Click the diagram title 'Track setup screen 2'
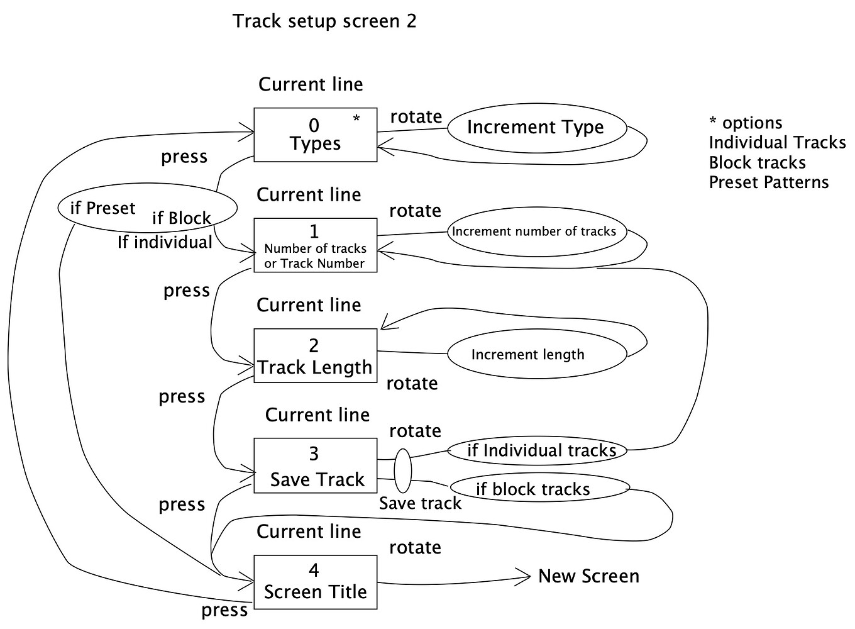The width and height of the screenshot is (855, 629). tap(324, 21)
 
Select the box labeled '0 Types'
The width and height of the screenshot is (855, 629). tap(315, 135)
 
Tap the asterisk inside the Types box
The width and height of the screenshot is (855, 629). tap(356, 119)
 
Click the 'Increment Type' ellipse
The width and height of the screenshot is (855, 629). tap(536, 128)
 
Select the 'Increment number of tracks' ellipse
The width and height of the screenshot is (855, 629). tap(534, 231)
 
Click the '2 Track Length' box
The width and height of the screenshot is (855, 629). tap(315, 355)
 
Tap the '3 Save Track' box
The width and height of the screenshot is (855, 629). tap(315, 465)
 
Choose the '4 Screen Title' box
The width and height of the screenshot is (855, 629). tap(315, 582)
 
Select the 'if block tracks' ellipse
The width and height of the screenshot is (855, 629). tap(539, 489)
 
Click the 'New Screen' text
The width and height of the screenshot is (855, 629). tap(588, 576)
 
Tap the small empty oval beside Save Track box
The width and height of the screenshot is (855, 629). tap(402, 470)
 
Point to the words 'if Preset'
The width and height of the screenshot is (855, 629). tap(102, 208)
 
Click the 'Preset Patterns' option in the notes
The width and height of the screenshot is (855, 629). tap(768, 182)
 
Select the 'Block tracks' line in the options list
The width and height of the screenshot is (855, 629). tap(757, 163)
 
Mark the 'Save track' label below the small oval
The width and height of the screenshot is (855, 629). tap(420, 503)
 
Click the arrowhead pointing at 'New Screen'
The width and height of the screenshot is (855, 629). tap(526, 576)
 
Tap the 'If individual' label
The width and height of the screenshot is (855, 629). tap(165, 242)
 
